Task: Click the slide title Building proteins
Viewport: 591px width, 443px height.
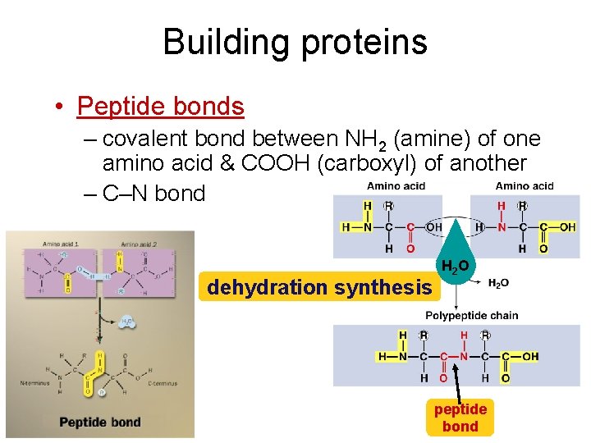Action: click(295, 42)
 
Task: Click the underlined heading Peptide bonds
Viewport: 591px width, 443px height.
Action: click(160, 107)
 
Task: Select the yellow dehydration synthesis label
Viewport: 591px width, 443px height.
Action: click(319, 287)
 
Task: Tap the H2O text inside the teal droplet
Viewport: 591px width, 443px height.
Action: click(456, 267)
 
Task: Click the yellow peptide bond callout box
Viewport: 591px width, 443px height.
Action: click(460, 418)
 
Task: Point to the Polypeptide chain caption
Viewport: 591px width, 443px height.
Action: click(471, 316)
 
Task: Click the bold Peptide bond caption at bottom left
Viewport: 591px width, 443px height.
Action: click(99, 422)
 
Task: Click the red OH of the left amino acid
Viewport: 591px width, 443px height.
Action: click(434, 227)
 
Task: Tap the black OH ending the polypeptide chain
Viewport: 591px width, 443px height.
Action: click(530, 357)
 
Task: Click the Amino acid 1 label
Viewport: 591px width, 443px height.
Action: click(61, 244)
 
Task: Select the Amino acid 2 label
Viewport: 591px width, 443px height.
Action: click(139, 244)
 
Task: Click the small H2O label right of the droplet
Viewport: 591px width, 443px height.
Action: click(498, 283)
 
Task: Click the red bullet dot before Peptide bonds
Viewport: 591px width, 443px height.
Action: click(60, 107)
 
